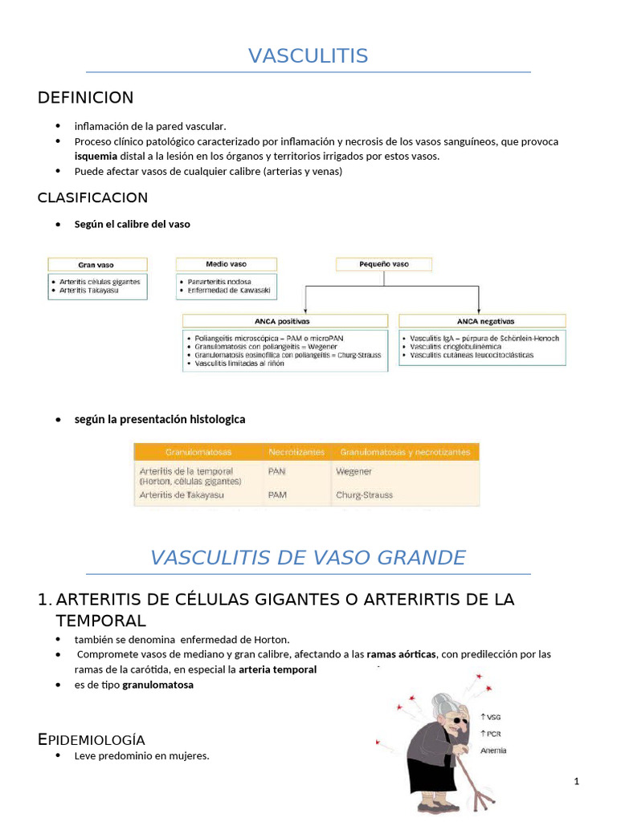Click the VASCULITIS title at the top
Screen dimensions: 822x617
tap(308, 55)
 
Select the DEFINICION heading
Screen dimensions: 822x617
tap(85, 98)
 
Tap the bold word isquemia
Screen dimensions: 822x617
tap(96, 156)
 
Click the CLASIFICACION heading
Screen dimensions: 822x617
tap(92, 197)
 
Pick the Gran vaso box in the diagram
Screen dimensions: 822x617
tap(97, 264)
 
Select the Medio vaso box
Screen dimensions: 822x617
tap(227, 263)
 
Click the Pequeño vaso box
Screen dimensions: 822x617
tap(383, 263)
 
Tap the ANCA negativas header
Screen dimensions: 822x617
tap(481, 321)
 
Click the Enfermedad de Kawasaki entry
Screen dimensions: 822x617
tap(228, 290)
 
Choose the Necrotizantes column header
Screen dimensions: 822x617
tap(296, 452)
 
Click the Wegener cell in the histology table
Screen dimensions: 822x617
tap(354, 471)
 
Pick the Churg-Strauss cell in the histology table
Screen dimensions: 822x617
tap(365, 495)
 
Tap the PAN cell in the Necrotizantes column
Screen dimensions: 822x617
tap(276, 471)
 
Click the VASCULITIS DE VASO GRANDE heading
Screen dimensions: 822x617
tap(308, 557)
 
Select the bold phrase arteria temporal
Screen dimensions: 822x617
tap(277, 669)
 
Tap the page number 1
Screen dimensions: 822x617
tap(576, 782)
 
